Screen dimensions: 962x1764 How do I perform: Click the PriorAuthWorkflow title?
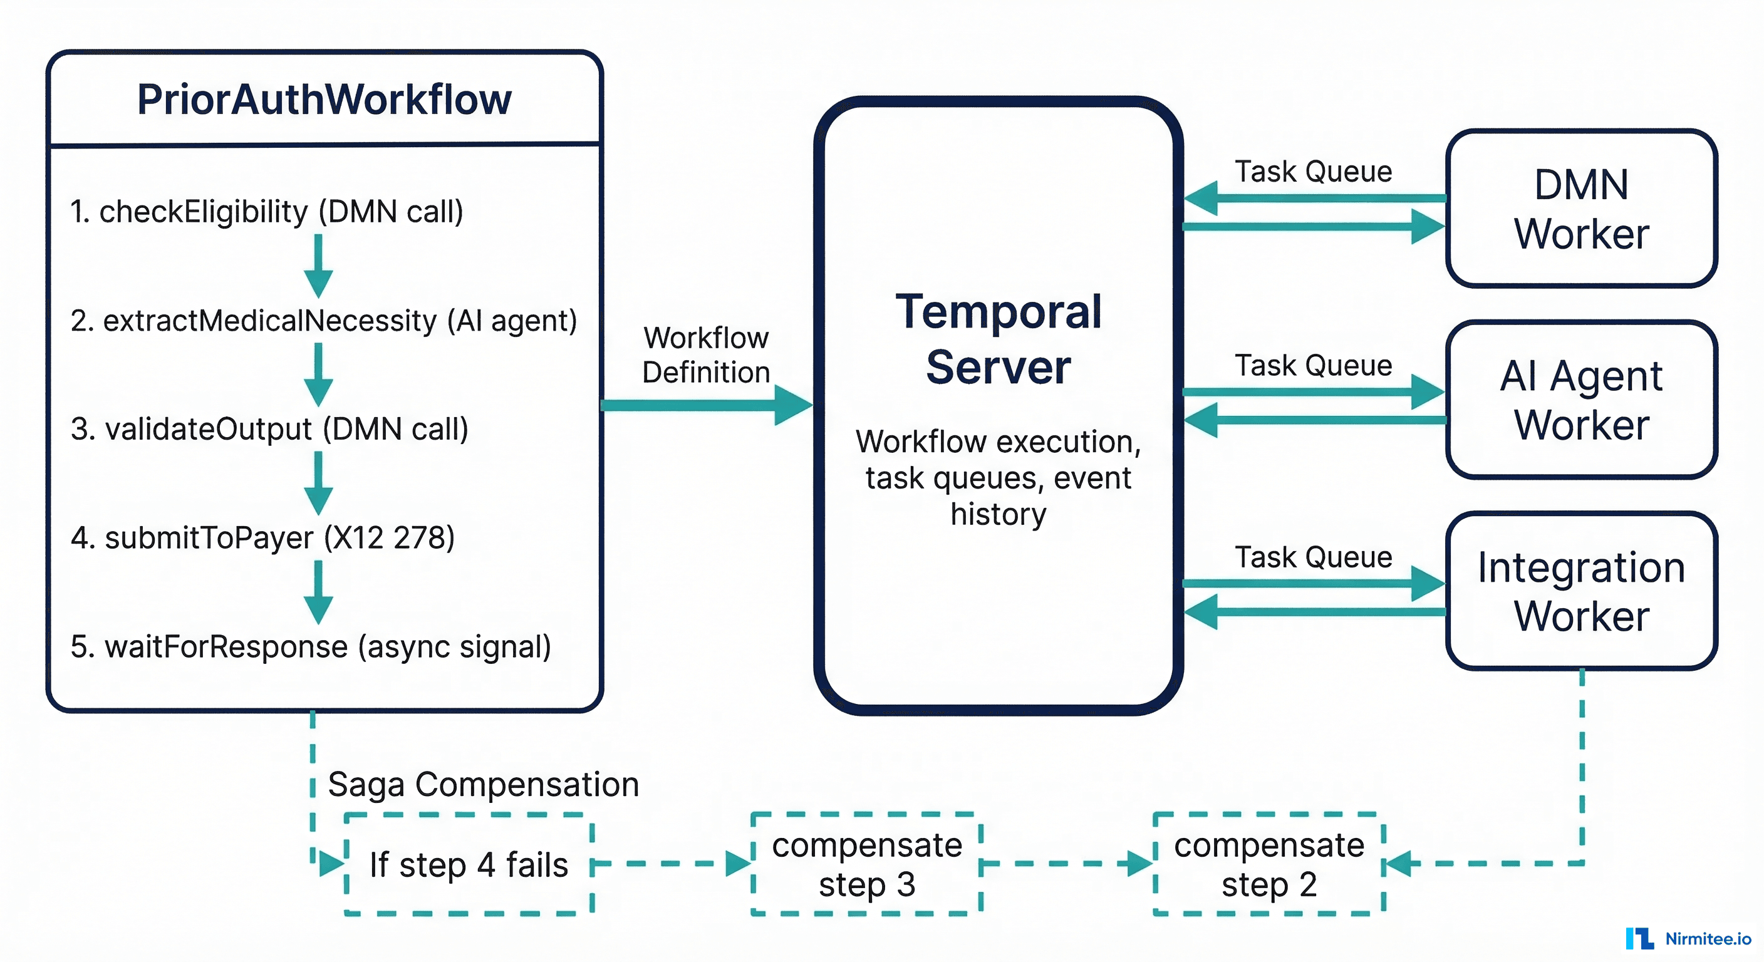click(x=324, y=100)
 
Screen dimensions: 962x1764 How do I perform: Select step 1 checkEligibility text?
click(x=266, y=212)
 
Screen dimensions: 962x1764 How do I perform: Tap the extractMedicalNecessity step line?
click(x=323, y=321)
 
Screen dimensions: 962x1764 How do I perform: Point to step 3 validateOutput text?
click(x=269, y=429)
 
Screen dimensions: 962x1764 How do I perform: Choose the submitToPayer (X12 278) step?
click(x=262, y=538)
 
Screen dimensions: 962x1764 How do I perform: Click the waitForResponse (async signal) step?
click(x=310, y=647)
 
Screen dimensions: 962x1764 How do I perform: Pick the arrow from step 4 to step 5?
click(x=318, y=592)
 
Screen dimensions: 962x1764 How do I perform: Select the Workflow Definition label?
click(x=706, y=354)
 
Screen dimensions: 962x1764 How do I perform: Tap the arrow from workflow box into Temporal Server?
click(x=705, y=405)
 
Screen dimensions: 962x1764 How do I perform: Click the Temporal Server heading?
click(x=998, y=339)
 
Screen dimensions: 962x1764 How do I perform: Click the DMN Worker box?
click(x=1580, y=209)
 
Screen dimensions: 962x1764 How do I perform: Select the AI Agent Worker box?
click(x=1580, y=400)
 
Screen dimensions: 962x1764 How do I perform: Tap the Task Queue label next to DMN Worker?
click(x=1313, y=171)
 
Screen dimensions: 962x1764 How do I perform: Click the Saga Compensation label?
click(x=483, y=785)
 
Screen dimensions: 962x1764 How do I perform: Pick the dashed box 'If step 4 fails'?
click(x=469, y=864)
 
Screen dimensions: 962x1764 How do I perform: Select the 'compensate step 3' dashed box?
click(x=866, y=864)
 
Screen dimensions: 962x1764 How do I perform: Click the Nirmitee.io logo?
click(x=1688, y=939)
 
